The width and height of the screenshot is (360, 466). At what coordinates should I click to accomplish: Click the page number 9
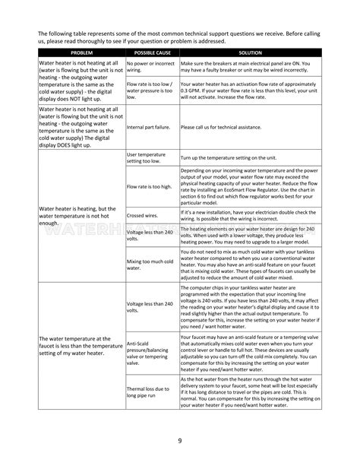point(180,441)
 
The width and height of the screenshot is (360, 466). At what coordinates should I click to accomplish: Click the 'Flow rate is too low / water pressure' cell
point(150,90)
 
